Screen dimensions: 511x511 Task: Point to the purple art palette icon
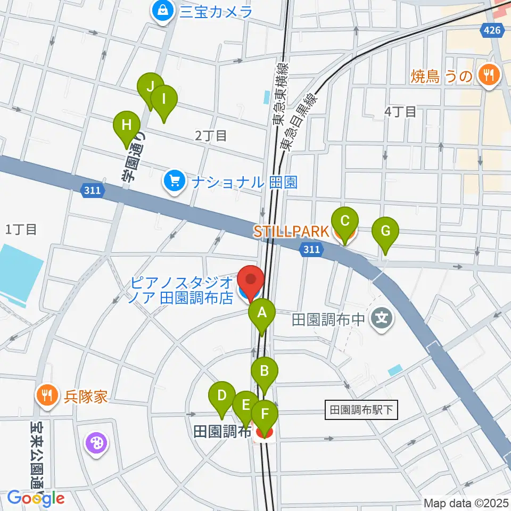coord(96,442)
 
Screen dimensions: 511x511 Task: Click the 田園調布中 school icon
coord(382,319)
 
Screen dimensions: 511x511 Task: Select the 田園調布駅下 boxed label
coord(361,410)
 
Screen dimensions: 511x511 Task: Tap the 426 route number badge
coord(493,30)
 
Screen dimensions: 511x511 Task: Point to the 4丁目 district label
coord(400,112)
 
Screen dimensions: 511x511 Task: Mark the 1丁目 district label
coord(21,229)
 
